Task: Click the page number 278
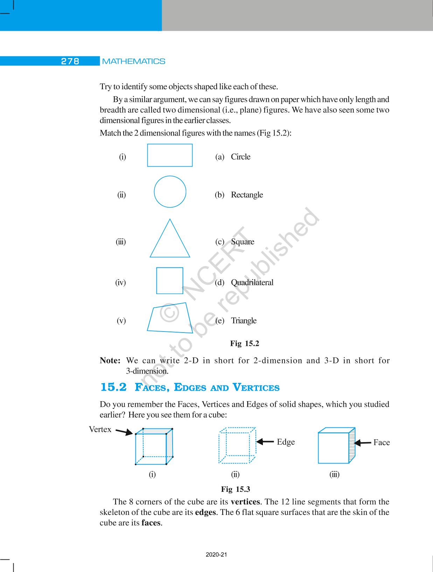tap(70, 61)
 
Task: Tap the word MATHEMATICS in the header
tap(134, 61)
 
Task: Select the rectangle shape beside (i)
tap(170, 155)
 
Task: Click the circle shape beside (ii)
tap(170, 192)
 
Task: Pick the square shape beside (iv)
tap(169, 281)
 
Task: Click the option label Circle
tap(240, 157)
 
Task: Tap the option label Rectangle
tap(247, 195)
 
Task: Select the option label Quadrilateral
tap(252, 282)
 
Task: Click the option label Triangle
tap(244, 321)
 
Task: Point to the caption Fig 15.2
tap(244, 343)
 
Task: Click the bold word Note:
tap(110, 361)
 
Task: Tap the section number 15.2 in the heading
tap(113, 387)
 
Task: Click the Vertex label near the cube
tap(100, 430)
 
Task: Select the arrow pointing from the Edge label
tap(265, 442)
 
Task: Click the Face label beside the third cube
tap(381, 442)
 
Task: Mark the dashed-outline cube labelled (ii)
tap(237, 445)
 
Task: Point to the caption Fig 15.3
tap(235, 489)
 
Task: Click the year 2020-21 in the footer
tap(216, 554)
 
